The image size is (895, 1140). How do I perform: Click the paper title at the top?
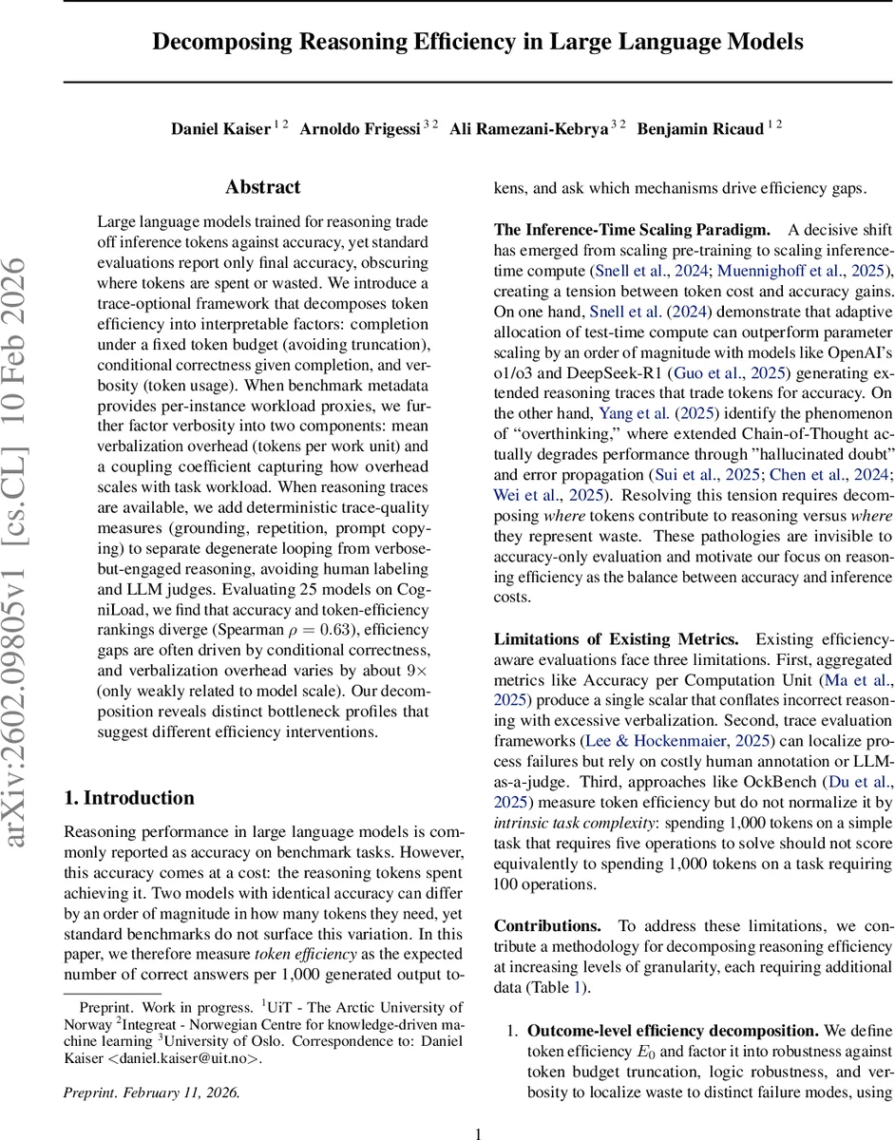pos(478,42)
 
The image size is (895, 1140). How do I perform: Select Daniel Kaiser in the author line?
pos(221,129)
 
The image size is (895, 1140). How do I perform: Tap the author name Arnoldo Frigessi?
pos(360,129)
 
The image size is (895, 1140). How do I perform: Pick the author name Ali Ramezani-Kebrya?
pos(529,129)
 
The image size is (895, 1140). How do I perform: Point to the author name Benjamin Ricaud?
pos(701,129)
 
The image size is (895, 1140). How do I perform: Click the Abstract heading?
pos(263,187)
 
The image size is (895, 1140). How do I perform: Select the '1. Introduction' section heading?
pos(128,798)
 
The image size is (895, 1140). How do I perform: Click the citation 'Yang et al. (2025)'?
pos(656,413)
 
